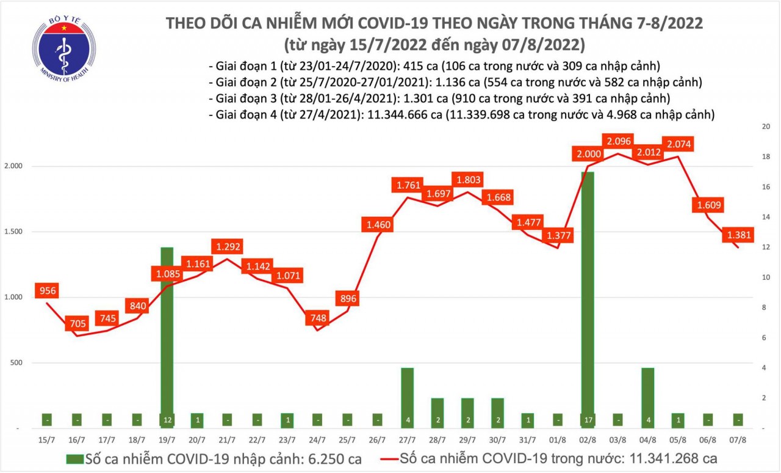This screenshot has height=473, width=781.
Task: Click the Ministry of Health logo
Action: [x=64, y=48]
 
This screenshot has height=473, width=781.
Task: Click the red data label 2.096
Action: [x=619, y=140]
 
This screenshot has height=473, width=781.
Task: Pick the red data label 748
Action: [x=317, y=317]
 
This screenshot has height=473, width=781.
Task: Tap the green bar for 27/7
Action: [x=407, y=397]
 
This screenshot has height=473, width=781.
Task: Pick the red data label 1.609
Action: [x=708, y=205]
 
